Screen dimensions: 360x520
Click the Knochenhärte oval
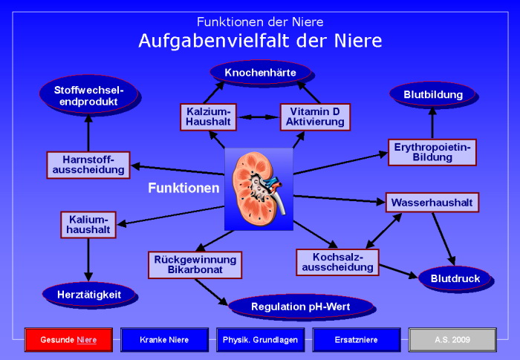pos(259,72)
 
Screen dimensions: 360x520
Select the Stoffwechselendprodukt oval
pos(88,95)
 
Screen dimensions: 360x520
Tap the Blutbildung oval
pos(433,94)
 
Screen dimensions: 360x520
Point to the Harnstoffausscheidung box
pos(88,165)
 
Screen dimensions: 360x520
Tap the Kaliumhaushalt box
pos(88,225)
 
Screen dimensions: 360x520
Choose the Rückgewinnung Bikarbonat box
pos(195,265)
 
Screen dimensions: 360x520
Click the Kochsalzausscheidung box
pos(337,261)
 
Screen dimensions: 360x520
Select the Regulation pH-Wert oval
pos(301,306)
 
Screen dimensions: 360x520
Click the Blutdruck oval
pos(454,279)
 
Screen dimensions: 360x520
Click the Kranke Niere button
pos(164,339)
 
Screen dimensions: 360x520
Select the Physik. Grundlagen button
pos(260,339)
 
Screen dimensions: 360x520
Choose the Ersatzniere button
pos(357,339)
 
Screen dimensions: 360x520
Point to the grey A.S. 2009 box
pos(452,339)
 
